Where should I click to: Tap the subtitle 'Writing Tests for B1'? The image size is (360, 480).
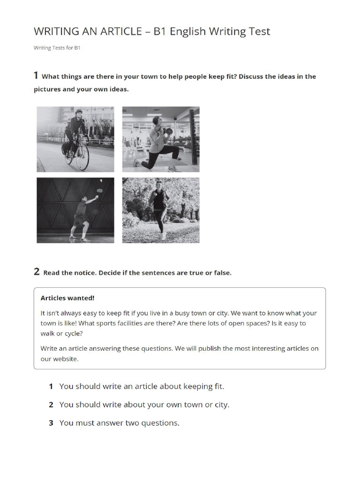coord(57,48)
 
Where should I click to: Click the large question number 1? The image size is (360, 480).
coord(36,75)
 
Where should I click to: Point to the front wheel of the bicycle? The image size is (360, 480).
coord(82,158)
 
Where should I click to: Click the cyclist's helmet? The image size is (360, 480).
coord(78,112)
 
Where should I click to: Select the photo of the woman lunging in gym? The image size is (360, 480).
coord(161,139)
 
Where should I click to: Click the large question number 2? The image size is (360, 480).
coord(37,271)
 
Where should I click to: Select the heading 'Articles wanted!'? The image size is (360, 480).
coord(67,298)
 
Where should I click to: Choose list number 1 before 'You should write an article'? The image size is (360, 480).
coord(51,387)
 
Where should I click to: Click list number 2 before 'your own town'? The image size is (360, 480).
coord(51,405)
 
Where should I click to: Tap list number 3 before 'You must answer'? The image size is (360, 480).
coord(51,423)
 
